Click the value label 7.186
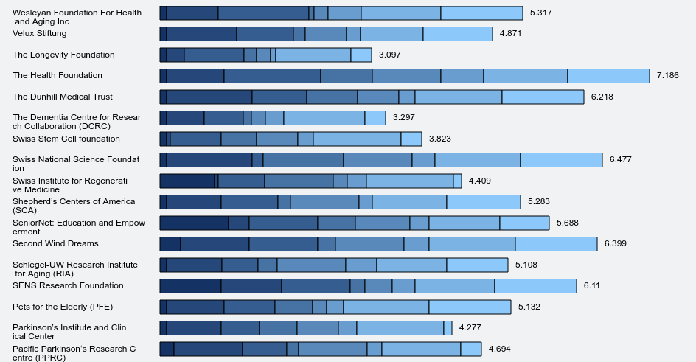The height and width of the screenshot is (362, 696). click(x=667, y=76)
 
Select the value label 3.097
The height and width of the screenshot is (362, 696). click(x=389, y=55)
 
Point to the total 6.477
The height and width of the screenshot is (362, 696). click(x=620, y=160)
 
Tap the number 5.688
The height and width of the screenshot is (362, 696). click(x=568, y=223)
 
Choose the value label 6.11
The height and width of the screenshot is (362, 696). click(x=592, y=285)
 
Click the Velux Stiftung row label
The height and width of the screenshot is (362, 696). click(x=40, y=34)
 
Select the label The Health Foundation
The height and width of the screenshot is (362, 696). click(x=58, y=76)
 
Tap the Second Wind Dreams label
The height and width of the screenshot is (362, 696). click(x=55, y=243)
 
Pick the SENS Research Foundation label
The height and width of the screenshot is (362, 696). click(x=68, y=285)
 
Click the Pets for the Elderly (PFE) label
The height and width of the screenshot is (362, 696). click(x=63, y=307)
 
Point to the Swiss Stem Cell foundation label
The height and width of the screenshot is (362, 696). click(x=66, y=139)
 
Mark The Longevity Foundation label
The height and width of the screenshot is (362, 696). click(x=63, y=55)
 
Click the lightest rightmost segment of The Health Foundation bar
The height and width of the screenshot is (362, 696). click(x=608, y=76)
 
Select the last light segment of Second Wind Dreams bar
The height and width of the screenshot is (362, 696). click(x=556, y=243)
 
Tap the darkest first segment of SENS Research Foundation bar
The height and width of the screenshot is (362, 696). click(x=190, y=285)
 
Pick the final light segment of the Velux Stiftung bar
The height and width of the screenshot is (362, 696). click(x=457, y=34)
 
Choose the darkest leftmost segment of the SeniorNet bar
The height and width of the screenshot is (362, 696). click(x=194, y=223)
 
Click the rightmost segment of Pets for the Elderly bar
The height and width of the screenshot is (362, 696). click(x=470, y=307)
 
